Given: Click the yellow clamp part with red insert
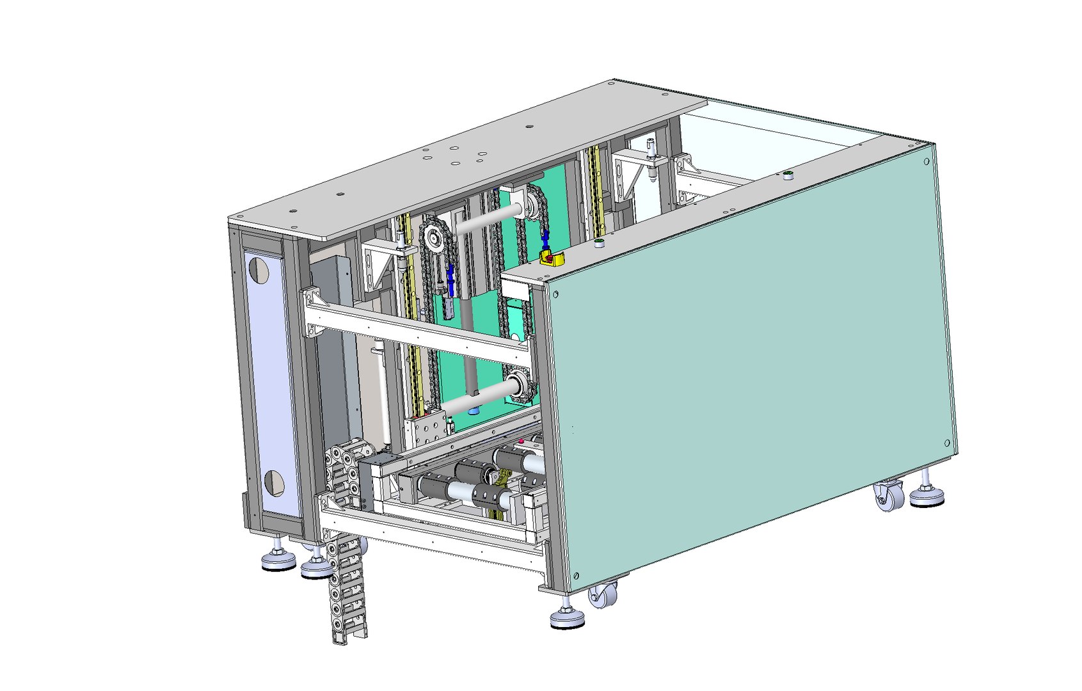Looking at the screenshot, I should pyautogui.click(x=551, y=258).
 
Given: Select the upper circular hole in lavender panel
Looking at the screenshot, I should pyautogui.click(x=259, y=269).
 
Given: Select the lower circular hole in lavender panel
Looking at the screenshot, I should pyautogui.click(x=274, y=482).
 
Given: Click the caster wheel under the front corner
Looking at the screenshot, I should pyautogui.click(x=602, y=596).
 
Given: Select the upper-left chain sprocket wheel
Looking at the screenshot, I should pyautogui.click(x=435, y=239).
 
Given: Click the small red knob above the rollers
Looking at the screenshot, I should pyautogui.click(x=521, y=441).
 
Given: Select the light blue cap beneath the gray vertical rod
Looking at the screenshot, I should pyautogui.click(x=473, y=410).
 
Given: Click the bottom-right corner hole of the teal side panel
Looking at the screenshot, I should pyautogui.click(x=947, y=442).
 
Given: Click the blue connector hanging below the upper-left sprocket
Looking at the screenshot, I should pyautogui.click(x=451, y=280).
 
